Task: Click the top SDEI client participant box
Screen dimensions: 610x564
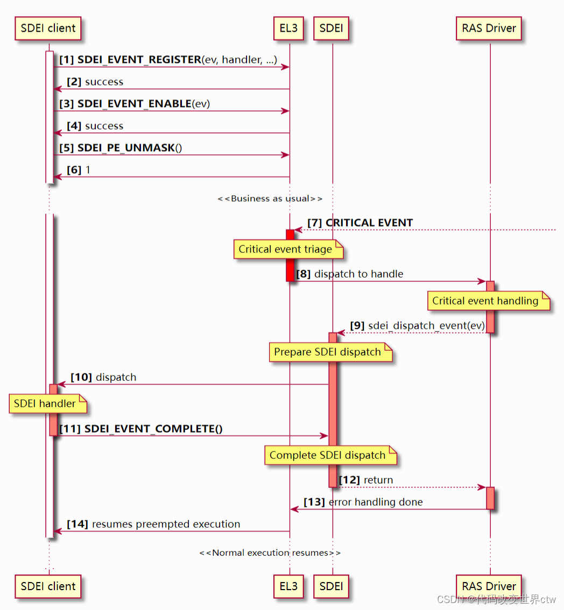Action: [x=48, y=29]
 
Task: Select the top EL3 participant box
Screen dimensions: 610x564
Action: [x=288, y=29]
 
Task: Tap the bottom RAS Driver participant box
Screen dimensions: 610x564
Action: [x=489, y=586]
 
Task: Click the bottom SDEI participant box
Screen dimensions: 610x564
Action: [x=331, y=586]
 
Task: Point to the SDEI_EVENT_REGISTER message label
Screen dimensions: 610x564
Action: [x=139, y=60]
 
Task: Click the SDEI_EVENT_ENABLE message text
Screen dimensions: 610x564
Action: [x=135, y=104]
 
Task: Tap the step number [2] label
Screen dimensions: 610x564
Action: [x=74, y=82]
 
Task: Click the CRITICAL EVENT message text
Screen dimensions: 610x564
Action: [x=369, y=223]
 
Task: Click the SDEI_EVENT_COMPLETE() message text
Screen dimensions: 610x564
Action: [x=153, y=429]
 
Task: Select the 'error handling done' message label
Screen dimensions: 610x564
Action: [x=375, y=502]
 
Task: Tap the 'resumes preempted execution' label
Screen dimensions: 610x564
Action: [x=166, y=524]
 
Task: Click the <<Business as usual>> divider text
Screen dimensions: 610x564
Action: [x=270, y=198]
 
